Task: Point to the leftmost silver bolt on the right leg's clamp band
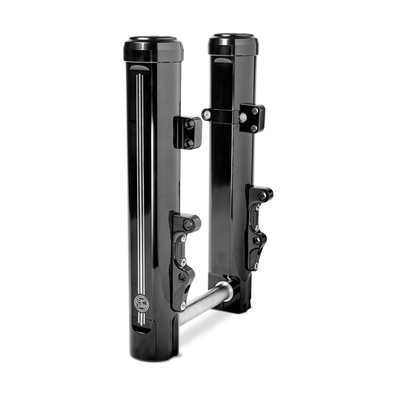tap(208, 115)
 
